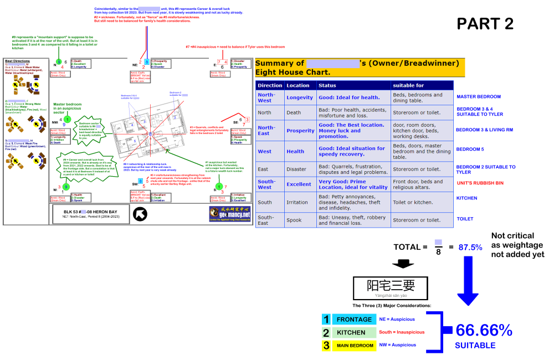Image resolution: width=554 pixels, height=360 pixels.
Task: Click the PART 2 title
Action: point(485,24)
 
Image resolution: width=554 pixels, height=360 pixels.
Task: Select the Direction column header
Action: point(270,85)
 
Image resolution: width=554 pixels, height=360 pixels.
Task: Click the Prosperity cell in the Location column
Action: point(300,131)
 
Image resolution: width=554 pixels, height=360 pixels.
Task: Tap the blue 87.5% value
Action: point(470,247)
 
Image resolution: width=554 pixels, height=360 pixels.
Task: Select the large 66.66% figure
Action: point(484,331)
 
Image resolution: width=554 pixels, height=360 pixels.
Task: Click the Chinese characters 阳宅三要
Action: point(391,286)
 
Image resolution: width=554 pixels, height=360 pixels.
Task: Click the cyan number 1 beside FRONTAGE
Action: point(326,320)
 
